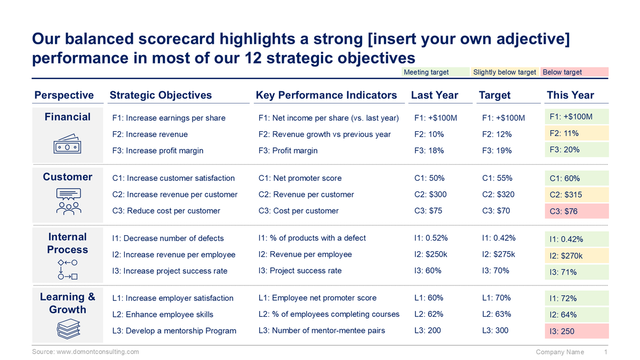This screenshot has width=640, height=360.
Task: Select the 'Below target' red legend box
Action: coord(574,72)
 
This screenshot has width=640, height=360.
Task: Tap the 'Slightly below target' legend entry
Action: coord(505,72)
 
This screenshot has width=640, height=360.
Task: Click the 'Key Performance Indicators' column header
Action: coord(326,95)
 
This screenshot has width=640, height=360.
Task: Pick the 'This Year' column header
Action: coord(570,95)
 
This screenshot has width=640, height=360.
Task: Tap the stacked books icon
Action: coord(68,328)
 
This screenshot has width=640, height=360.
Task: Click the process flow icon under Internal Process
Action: coord(68,270)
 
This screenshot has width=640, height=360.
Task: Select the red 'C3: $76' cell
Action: coord(576,211)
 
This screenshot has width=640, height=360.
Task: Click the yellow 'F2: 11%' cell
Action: coord(576,133)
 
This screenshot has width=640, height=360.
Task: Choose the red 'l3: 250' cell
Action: coord(576,331)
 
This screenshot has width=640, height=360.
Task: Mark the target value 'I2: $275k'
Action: coord(498,254)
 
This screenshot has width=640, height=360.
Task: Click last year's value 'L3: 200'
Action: coord(427,330)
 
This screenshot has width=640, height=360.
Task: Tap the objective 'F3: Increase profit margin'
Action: coord(158,150)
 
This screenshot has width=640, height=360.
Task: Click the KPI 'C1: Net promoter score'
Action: coord(300,178)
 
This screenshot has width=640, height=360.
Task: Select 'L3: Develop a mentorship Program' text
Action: coord(174,331)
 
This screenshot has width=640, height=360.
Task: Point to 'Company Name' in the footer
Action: coord(559,352)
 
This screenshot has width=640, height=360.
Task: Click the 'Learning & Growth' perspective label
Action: coord(68,303)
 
